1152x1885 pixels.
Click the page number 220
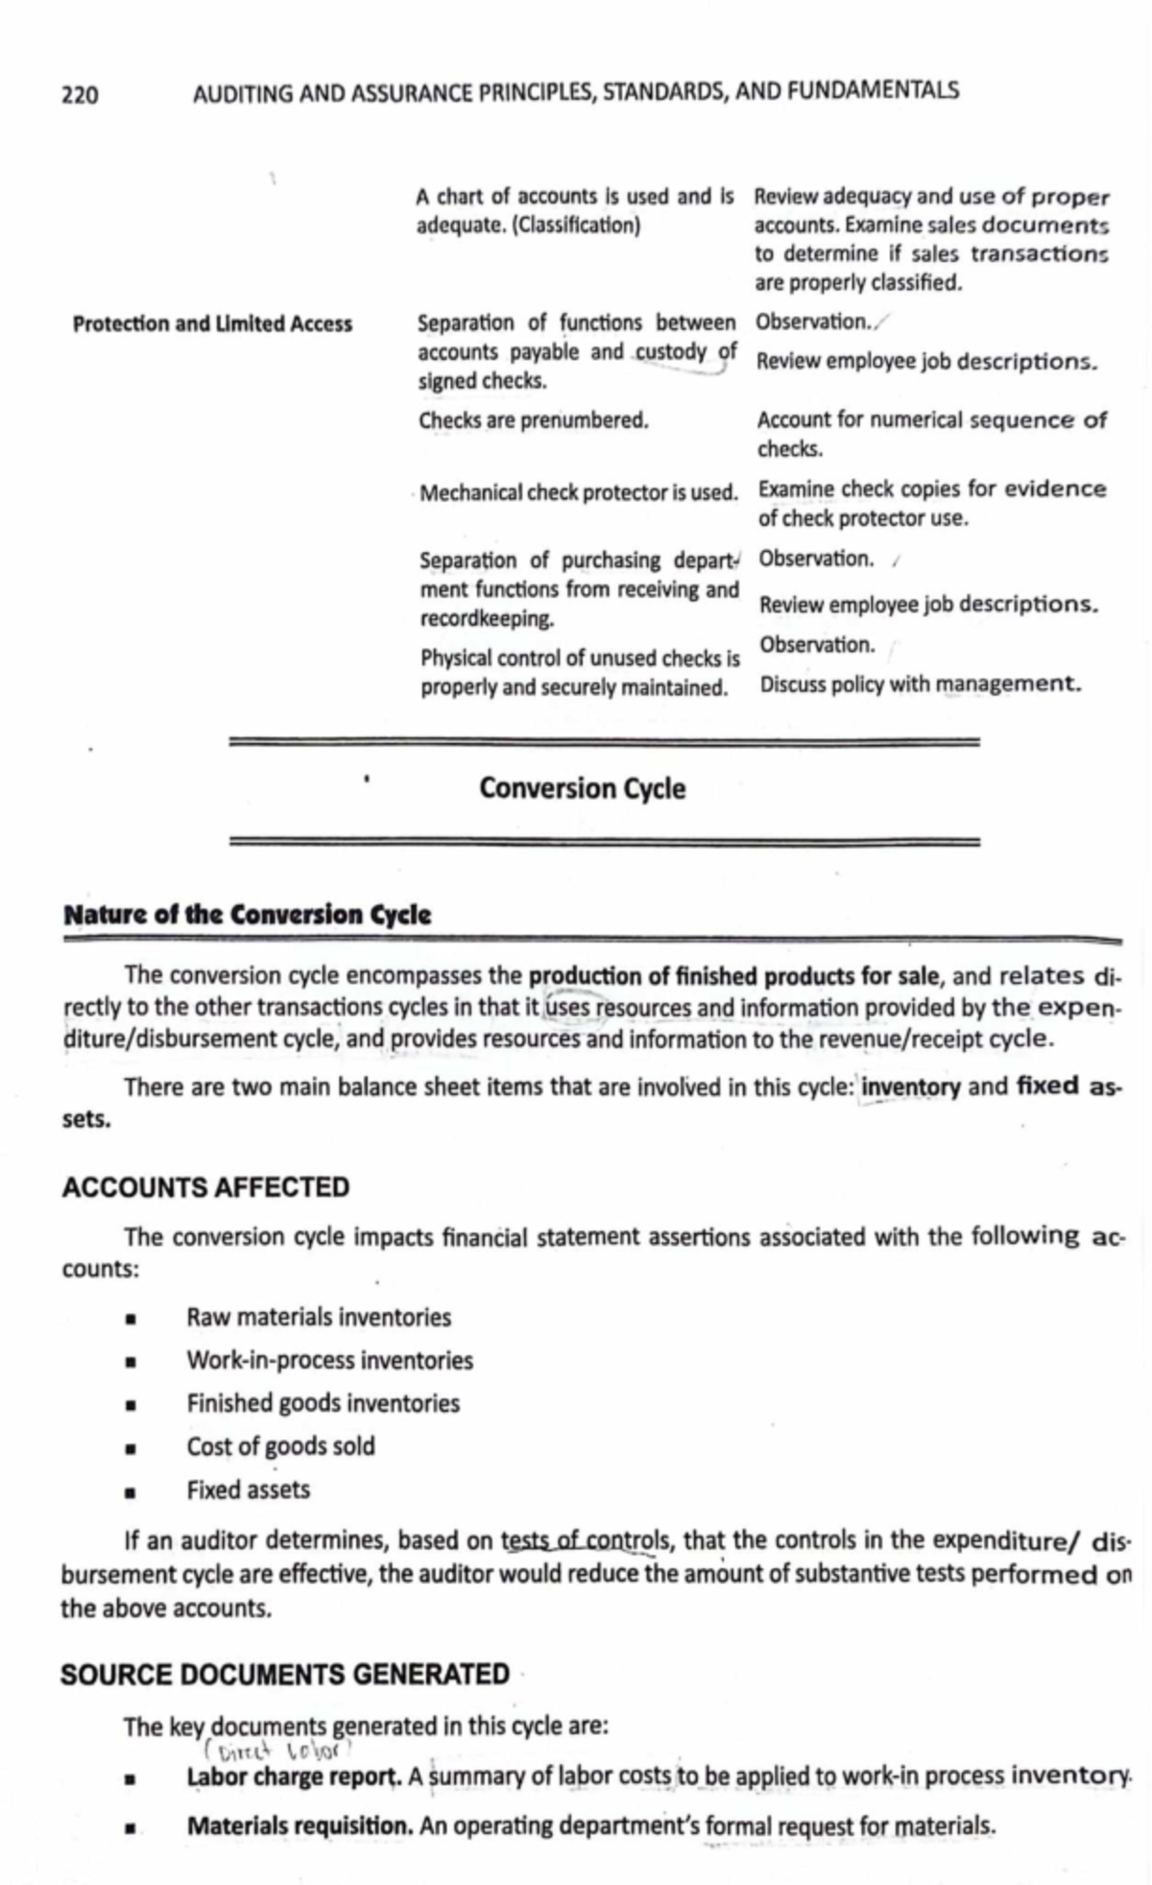(79, 94)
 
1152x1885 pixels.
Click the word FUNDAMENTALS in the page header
(872, 91)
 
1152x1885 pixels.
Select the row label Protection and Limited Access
(212, 324)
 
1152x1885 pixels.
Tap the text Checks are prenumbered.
(533, 420)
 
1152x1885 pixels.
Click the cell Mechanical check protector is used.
(578, 493)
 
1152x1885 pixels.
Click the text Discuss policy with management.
(920, 684)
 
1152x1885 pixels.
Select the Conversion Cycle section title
(582, 789)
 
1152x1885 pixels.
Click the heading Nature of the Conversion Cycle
(247, 915)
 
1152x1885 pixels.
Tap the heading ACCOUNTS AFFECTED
(205, 1187)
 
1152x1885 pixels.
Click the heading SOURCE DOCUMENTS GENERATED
(284, 1675)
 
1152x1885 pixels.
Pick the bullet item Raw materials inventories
(318, 1317)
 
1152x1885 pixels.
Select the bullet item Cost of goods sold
(280, 1446)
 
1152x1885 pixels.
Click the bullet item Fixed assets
(248, 1490)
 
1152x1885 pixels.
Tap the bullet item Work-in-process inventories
(329, 1360)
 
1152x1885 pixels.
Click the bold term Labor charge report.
(294, 1777)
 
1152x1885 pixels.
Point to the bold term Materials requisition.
(300, 1825)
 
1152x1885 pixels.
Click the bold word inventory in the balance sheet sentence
(910, 1087)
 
